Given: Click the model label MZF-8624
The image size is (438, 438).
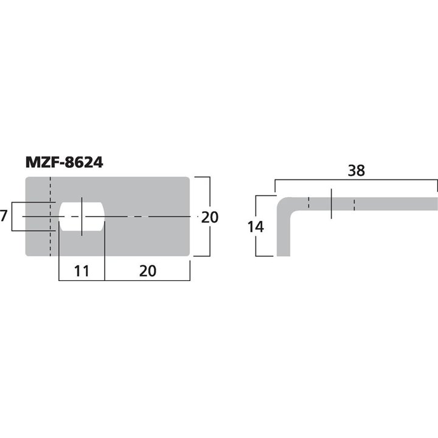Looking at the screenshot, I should (x=64, y=163).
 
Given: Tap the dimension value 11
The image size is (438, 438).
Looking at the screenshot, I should (x=81, y=271).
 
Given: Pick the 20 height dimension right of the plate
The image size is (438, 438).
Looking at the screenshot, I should (x=210, y=217).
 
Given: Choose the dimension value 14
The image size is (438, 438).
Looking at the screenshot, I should (x=256, y=227).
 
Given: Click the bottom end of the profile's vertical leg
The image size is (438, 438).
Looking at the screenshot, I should (x=283, y=254).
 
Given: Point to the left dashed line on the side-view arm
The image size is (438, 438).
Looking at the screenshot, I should (x=309, y=203).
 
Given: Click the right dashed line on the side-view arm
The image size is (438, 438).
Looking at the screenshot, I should (x=354, y=203).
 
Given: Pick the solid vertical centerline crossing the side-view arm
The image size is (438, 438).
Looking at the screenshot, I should (x=332, y=204).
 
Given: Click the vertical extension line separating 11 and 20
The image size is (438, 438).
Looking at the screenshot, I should (x=105, y=255).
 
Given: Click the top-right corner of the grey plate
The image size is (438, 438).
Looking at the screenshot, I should (x=189, y=178).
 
